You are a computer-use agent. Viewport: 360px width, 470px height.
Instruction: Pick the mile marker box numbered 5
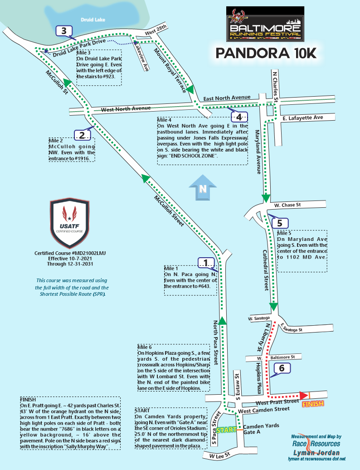click(280, 223)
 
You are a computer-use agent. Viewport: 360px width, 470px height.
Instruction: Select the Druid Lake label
click(92, 20)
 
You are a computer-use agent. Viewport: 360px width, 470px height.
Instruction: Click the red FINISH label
click(313, 404)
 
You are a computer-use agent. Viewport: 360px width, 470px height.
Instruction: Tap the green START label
click(227, 430)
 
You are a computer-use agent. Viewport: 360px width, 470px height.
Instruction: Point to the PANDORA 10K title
click(266, 53)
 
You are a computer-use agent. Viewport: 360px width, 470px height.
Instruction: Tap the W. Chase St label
click(288, 205)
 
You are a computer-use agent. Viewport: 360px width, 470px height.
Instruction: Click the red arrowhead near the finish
click(304, 396)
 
